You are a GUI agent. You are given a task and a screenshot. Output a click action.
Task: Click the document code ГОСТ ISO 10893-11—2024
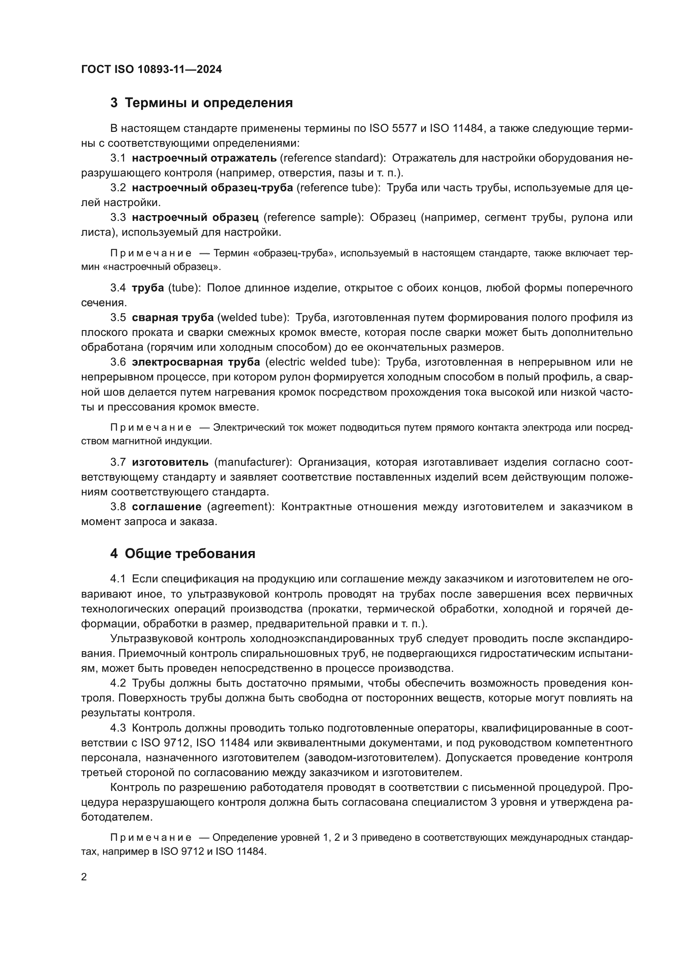[151, 70]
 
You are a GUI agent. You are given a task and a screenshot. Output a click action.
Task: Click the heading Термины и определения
[209, 103]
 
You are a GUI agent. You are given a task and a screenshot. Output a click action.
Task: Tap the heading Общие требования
[190, 554]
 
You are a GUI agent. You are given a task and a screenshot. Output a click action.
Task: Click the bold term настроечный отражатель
[204, 158]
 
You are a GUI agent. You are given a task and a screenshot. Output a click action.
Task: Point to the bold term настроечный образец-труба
[212, 188]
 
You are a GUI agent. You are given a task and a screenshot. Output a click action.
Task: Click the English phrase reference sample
[314, 217]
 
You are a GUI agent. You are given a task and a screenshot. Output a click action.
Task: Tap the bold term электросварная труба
[196, 362]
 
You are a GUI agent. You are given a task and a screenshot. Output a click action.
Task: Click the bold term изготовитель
[170, 462]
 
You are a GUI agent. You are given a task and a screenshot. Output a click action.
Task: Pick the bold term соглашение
[167, 507]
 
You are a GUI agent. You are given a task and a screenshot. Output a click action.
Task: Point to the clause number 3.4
[118, 288]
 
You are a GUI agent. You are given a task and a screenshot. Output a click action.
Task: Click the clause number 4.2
[118, 683]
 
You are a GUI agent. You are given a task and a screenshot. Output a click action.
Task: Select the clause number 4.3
[118, 727]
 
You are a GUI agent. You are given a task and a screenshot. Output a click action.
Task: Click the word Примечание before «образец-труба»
[151, 253]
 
